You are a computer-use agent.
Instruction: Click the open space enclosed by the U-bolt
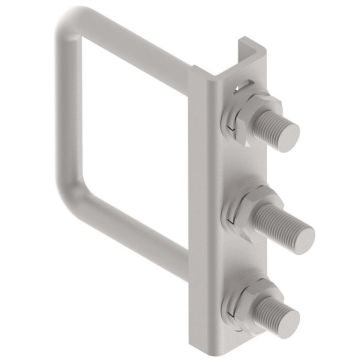130,130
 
